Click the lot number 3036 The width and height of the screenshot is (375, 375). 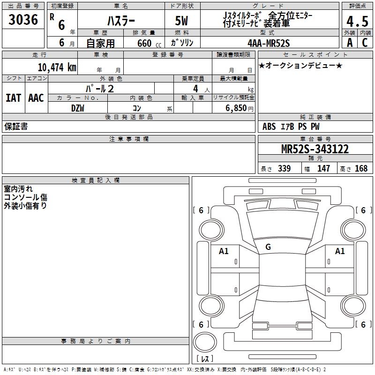(x=23, y=20)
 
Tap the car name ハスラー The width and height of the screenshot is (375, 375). (x=120, y=21)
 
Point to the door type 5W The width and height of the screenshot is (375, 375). (x=182, y=22)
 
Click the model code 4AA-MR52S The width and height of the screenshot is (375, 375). (x=269, y=43)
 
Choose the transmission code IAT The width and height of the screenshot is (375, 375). (x=13, y=98)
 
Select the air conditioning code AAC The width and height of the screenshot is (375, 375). (x=36, y=98)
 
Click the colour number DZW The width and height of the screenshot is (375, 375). (x=78, y=108)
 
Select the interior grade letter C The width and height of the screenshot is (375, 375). (x=364, y=43)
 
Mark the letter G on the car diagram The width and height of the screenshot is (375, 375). (x=268, y=247)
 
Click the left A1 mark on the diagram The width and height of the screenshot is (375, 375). (x=224, y=251)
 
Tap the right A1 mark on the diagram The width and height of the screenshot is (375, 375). (x=340, y=251)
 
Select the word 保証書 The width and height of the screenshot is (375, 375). (x=15, y=127)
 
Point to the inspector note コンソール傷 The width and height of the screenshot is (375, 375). (x=25, y=197)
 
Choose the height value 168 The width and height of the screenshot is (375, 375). (x=361, y=168)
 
